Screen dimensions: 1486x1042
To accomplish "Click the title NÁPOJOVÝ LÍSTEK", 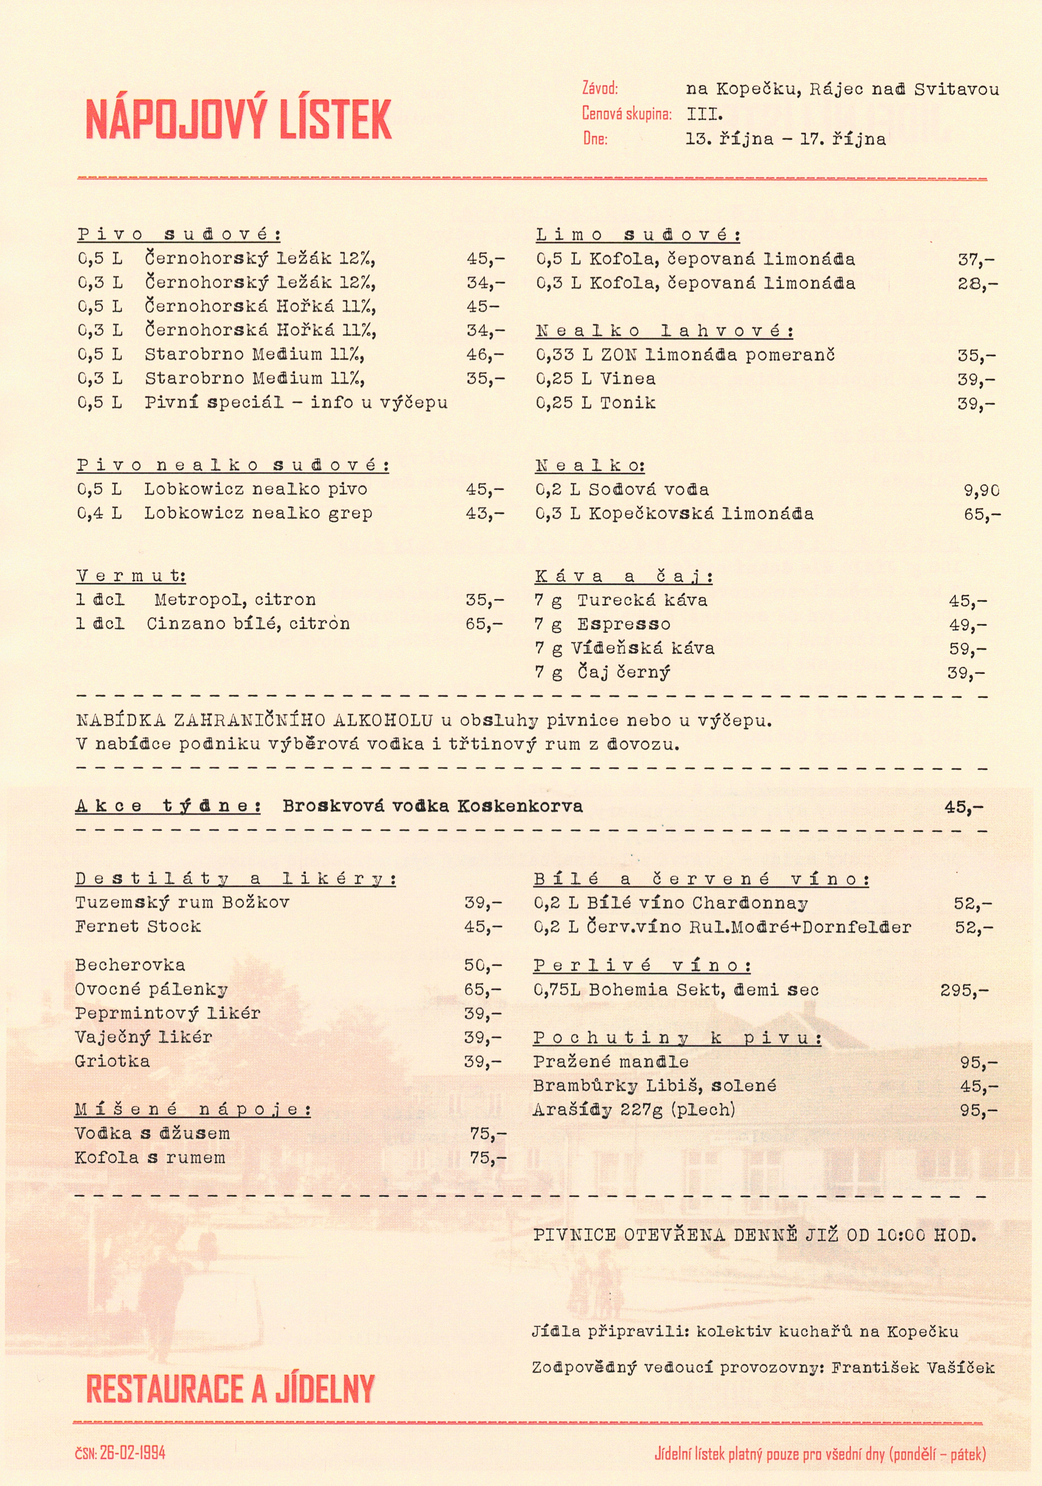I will pyautogui.click(x=238, y=120).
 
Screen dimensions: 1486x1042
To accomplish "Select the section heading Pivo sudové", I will pyautogui.click(x=179, y=234).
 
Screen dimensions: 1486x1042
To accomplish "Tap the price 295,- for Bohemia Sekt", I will pyautogui.click(x=964, y=990).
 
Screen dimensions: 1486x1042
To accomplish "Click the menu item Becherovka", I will pyautogui.click(x=129, y=965).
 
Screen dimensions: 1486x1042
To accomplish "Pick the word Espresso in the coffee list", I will pyautogui.click(x=624, y=625).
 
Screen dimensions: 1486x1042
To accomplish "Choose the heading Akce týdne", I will pyautogui.click(x=168, y=806).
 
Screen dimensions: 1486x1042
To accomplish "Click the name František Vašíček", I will pyautogui.click(x=913, y=1368).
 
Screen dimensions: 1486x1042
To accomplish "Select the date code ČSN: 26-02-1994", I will pyautogui.click(x=120, y=1453).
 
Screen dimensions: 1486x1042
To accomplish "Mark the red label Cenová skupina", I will pyautogui.click(x=626, y=114).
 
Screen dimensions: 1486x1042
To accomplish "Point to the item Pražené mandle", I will pyautogui.click(x=611, y=1062).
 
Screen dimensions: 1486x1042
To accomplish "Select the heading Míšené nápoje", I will pyautogui.click(x=192, y=1110).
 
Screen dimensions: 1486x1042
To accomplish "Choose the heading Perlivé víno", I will pyautogui.click(x=642, y=966).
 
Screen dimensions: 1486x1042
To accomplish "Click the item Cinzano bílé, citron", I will pyautogui.click(x=248, y=624).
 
